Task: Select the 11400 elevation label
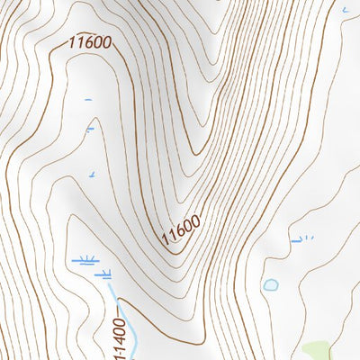pos(120,332)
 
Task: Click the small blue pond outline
pos(270,284)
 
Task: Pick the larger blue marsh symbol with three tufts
pos(86,260)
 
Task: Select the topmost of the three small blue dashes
pos(87,98)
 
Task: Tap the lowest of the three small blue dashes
pos(92,174)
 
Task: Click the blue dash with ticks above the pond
pos(301,239)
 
